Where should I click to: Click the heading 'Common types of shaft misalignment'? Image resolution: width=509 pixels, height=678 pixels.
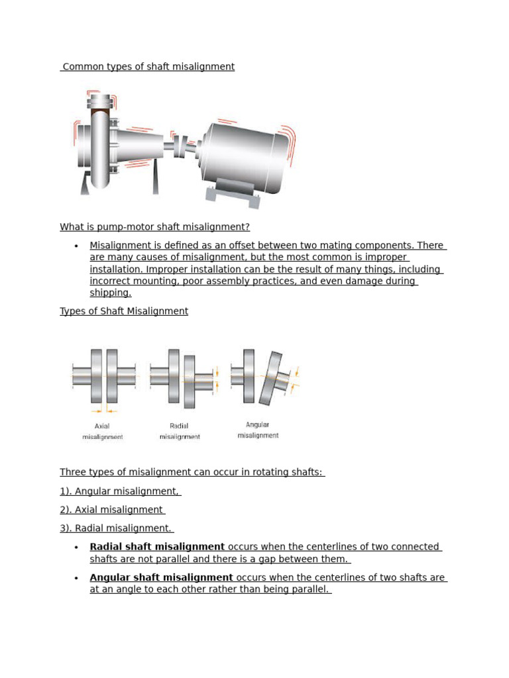coord(147,67)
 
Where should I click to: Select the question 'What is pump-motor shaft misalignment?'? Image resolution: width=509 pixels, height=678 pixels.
coord(154,227)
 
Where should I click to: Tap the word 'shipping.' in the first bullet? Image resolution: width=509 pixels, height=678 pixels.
coord(111,293)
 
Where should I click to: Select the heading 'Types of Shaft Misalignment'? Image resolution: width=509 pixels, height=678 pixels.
coord(124,311)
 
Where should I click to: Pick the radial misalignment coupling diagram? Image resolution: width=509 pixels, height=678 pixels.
coord(182,379)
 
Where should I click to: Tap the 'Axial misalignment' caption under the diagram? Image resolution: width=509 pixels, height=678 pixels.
coord(102,432)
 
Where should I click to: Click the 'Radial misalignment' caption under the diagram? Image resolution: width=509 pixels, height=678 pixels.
coord(179,432)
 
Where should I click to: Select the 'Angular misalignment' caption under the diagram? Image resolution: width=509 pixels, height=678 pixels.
coord(258,430)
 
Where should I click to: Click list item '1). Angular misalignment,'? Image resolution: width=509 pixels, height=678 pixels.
coord(120,491)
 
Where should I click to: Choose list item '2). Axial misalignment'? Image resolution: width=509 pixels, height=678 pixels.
coord(112,510)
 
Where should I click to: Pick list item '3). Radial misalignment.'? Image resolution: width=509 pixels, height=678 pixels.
coord(117,528)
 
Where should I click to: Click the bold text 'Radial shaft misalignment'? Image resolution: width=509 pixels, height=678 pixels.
coord(157,547)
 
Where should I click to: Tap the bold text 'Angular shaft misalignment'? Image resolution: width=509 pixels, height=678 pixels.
coord(161,578)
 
